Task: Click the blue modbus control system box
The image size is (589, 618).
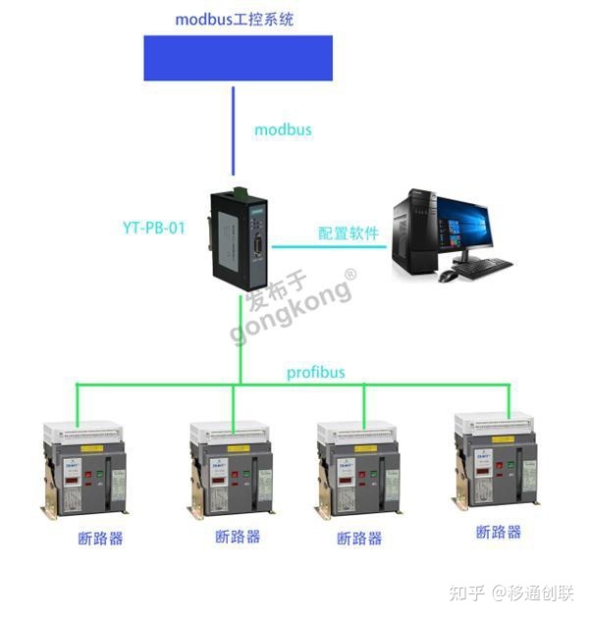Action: (x=238, y=58)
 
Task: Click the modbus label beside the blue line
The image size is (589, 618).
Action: (x=283, y=129)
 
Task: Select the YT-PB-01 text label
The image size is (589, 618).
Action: (x=154, y=228)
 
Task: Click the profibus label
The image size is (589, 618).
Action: (x=316, y=373)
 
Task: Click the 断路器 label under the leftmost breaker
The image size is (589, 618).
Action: (x=100, y=538)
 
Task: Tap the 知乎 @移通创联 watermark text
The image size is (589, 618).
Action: (x=509, y=592)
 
